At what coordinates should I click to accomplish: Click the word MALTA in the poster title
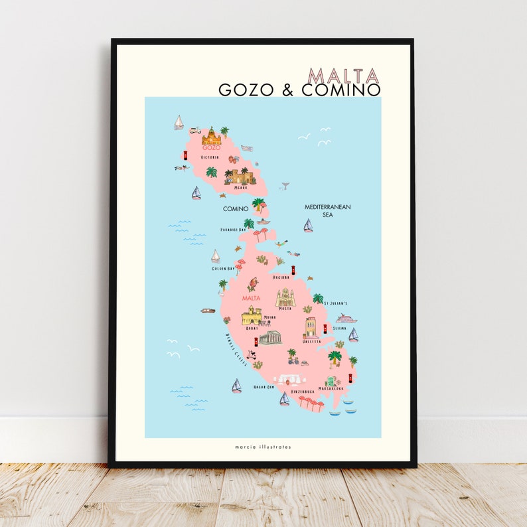[x=344, y=76]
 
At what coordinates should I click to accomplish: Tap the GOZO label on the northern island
[x=211, y=147]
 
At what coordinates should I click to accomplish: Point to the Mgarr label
[x=241, y=187]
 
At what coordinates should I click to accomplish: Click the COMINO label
[x=236, y=208]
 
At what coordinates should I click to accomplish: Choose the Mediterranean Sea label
[x=327, y=210]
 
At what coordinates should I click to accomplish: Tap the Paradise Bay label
[x=233, y=230]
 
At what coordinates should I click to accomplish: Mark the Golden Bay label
[x=223, y=269]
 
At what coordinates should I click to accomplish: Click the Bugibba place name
[x=281, y=277]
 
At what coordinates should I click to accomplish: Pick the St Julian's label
[x=335, y=303]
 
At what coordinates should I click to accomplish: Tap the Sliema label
[x=339, y=328]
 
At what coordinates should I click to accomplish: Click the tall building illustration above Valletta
[x=311, y=327]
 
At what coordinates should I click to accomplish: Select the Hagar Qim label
[x=263, y=386]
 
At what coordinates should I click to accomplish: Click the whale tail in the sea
[x=285, y=187]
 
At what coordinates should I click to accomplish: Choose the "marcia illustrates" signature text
[x=263, y=447]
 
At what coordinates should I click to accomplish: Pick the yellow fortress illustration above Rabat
[x=252, y=315]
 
